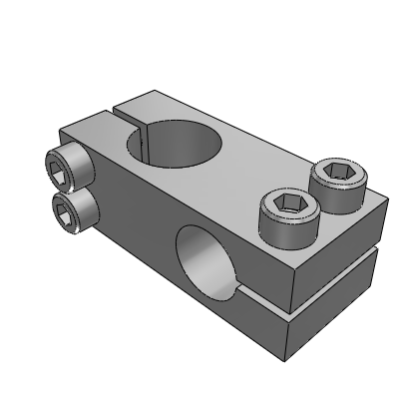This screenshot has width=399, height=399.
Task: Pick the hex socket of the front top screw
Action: tap(288, 210)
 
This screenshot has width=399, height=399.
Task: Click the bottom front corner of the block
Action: tap(288, 356)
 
